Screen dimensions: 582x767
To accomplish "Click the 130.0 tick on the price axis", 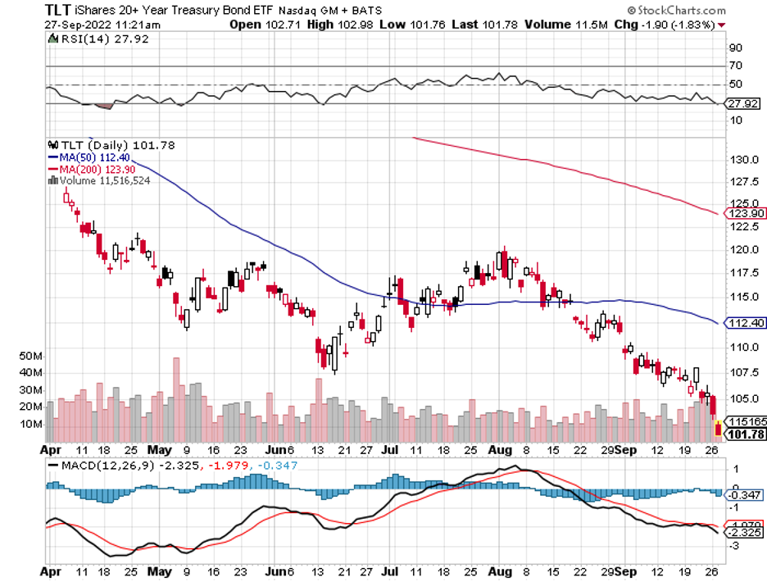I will tap(741, 160).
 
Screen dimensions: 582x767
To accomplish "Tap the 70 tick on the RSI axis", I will tap(735, 66).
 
